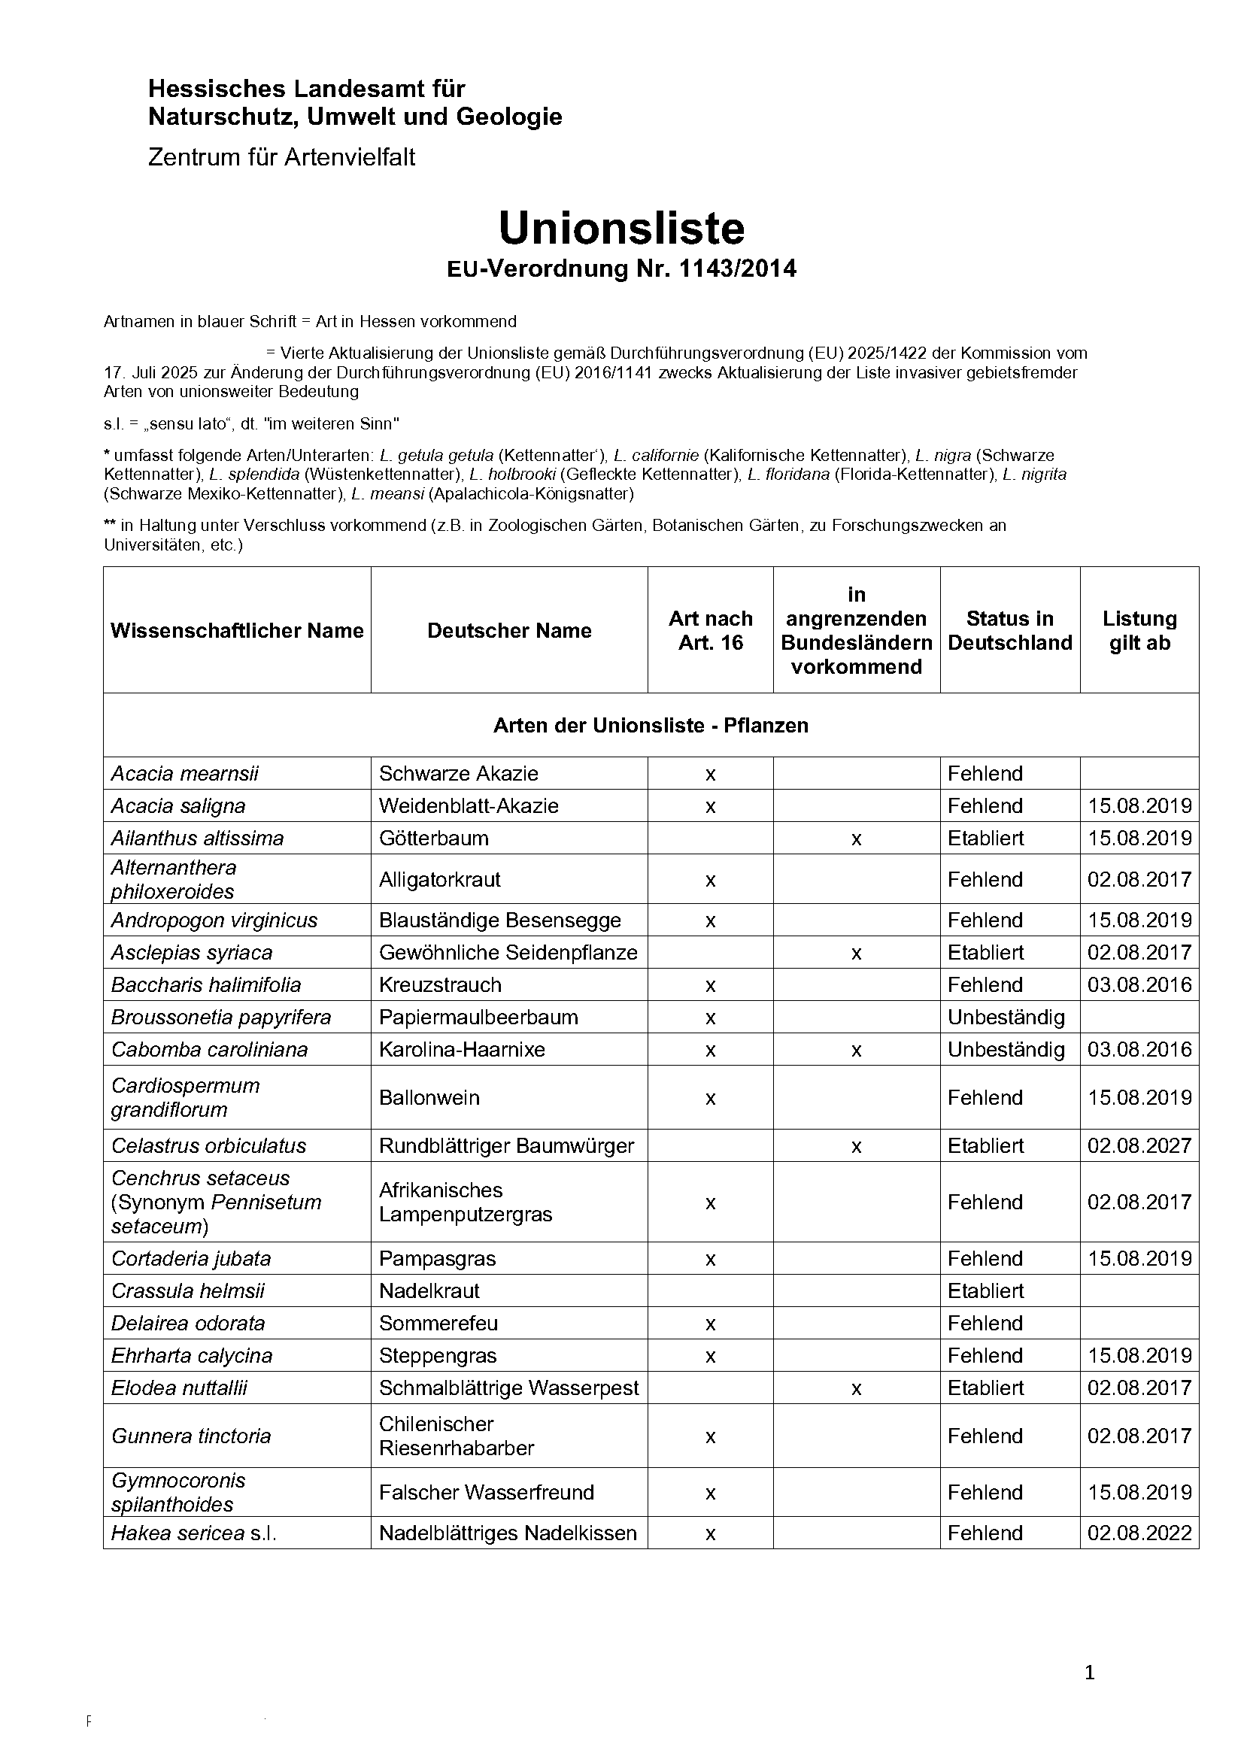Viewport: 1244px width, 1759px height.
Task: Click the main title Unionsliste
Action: pos(620,228)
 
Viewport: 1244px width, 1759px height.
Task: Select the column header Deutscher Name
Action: pos(509,630)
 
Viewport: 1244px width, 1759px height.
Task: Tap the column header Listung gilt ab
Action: pos(1139,630)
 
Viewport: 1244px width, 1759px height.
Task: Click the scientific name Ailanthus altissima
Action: pos(197,838)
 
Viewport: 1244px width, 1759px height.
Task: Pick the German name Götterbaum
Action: pos(433,838)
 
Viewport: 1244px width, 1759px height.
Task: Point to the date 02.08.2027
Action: pos(1139,1145)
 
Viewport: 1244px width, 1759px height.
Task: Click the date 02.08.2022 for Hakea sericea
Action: pos(1139,1533)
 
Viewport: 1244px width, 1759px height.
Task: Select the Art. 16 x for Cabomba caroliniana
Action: pos(710,1050)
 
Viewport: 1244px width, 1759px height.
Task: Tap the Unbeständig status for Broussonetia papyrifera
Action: pos(1006,1017)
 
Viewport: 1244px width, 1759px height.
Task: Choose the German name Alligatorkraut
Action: pos(440,880)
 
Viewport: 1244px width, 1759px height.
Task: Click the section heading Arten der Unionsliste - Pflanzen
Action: pos(651,726)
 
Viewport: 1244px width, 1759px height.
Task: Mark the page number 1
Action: pos(1089,1673)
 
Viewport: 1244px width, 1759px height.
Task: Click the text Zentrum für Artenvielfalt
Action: pos(281,157)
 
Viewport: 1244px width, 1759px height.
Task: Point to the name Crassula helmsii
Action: pos(188,1291)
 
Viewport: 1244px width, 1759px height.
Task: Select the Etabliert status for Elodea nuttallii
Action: pos(985,1387)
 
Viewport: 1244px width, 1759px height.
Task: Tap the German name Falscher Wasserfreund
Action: pos(487,1492)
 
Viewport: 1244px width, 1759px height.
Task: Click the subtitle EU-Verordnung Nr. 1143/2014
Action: pos(621,269)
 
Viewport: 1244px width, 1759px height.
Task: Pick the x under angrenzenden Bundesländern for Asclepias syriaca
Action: pos(856,953)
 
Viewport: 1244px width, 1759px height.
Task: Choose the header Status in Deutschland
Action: pos(1009,630)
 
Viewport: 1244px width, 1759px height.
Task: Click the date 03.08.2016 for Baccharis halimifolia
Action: pos(1139,985)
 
